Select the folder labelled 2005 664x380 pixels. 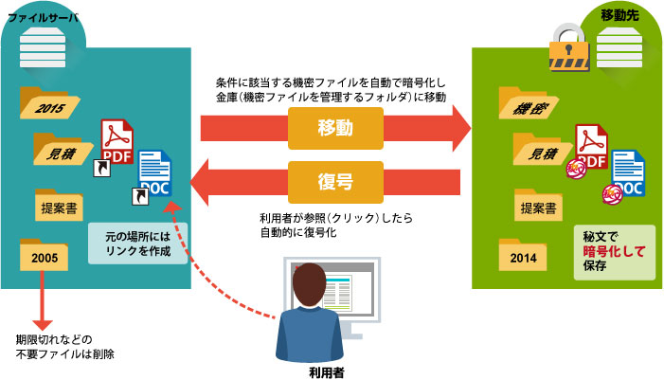[x=45, y=256]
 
